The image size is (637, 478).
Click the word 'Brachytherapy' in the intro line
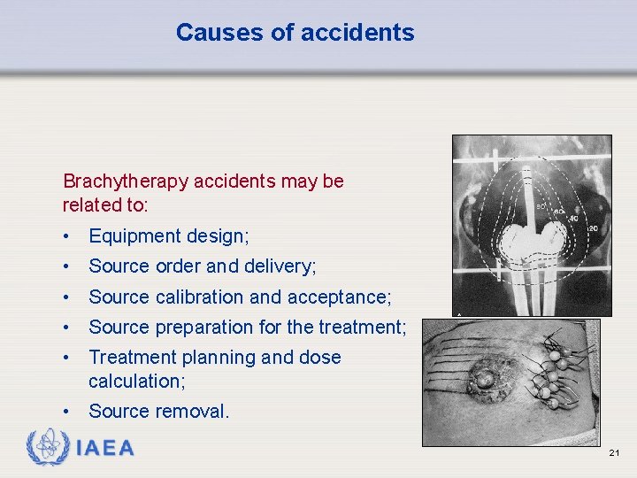pos(126,181)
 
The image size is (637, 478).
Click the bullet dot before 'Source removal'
pos(67,412)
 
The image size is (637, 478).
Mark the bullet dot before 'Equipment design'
pos(67,237)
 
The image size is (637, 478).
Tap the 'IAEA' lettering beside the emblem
pos(105,448)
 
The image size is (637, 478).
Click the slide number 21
pos(614,453)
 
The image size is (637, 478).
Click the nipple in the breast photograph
pos(484,379)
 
